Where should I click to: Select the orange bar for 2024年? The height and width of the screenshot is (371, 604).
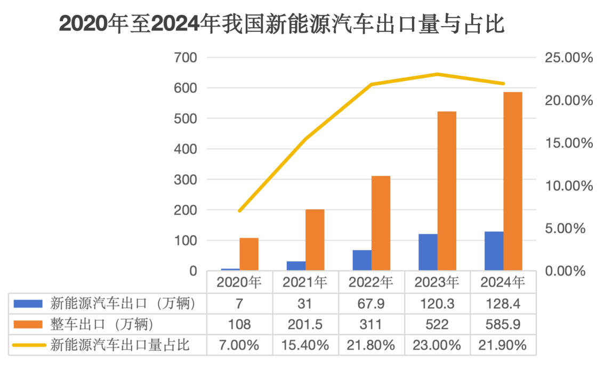(x=513, y=181)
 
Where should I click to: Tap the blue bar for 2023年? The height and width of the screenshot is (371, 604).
(x=428, y=252)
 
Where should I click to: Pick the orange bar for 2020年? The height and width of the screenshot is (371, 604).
(x=249, y=254)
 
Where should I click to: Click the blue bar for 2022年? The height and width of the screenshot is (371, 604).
(x=362, y=260)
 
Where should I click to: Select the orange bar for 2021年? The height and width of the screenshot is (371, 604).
(x=315, y=240)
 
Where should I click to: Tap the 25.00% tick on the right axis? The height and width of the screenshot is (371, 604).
(x=569, y=58)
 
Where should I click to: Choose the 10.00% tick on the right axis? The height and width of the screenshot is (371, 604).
(x=569, y=186)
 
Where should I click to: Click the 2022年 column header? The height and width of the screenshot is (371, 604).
(x=372, y=281)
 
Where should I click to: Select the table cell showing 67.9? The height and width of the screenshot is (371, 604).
(x=372, y=304)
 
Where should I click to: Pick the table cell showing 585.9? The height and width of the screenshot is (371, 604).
(x=503, y=324)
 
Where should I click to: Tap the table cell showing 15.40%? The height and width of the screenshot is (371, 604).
(x=305, y=345)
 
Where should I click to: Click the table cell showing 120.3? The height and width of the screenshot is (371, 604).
(x=437, y=304)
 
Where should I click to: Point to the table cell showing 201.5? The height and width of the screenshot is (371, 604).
(x=305, y=324)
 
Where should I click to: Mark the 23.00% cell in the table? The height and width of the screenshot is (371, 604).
(x=437, y=345)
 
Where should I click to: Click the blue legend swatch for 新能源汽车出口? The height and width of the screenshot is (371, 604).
(x=28, y=304)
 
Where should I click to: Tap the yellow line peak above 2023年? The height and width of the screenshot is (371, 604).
(x=438, y=74)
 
